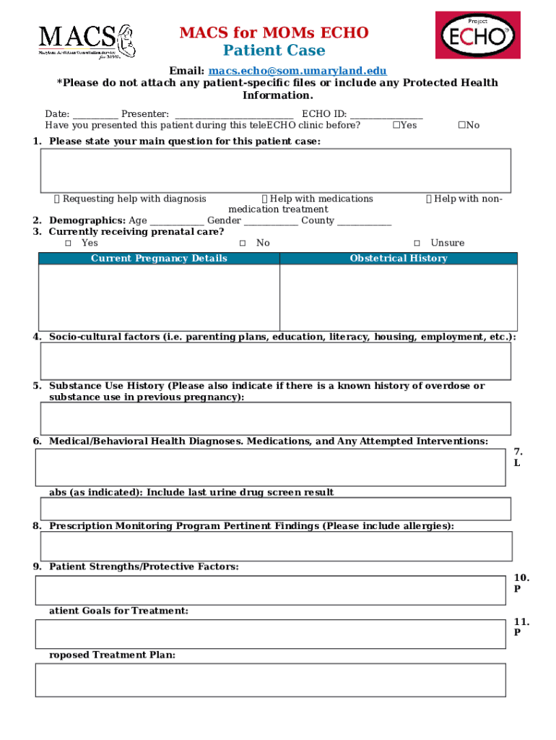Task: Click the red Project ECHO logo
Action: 477,35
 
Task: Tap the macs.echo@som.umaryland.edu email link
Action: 297,71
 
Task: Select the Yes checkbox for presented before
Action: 396,125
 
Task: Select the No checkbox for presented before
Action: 461,125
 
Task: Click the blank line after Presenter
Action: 234,115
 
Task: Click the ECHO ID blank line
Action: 386,115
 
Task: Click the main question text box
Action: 276,171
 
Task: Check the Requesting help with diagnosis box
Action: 57,199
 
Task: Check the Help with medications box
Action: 264,199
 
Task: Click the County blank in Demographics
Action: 364,221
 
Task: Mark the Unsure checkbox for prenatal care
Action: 417,244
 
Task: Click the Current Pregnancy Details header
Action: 159,259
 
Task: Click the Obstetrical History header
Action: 399,259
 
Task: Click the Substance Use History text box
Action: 276,418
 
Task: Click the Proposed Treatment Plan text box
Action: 270,680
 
